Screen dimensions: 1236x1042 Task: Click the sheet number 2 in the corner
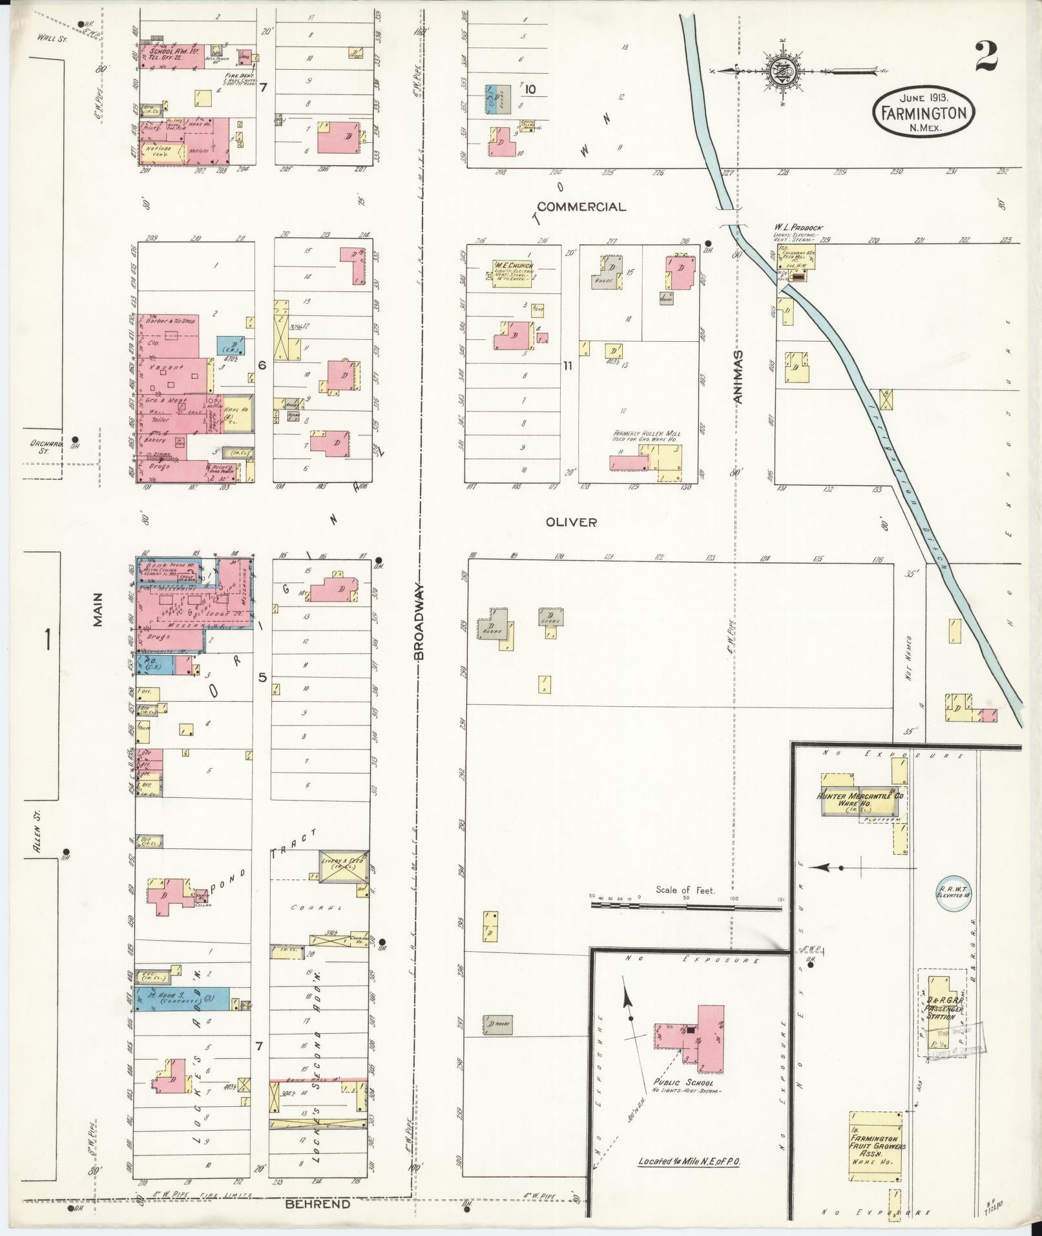pos(986,57)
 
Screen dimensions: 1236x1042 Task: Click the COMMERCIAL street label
pos(581,207)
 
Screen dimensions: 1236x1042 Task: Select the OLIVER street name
pos(571,522)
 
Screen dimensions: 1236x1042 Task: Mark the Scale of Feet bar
pos(686,906)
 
